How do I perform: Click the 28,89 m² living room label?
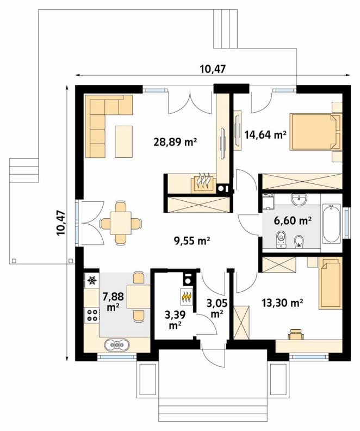tap(175, 142)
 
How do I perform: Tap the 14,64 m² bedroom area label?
tap(265, 134)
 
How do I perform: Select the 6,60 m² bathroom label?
tap(293, 220)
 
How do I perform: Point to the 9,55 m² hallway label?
tap(191, 241)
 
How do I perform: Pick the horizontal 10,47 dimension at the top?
tap(213, 69)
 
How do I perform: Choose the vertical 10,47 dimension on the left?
tap(60, 223)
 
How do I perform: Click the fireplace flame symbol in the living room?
tap(203, 182)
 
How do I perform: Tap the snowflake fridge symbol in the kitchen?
tap(92, 280)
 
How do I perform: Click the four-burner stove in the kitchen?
tap(92, 315)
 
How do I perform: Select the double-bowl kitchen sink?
tap(117, 344)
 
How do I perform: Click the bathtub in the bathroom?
tap(331, 223)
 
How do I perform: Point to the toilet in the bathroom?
tap(281, 238)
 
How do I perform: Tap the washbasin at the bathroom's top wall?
tap(299, 199)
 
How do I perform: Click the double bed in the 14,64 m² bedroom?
tap(316, 132)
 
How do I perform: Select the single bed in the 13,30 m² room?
tap(330, 283)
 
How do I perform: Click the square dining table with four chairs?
tap(121, 223)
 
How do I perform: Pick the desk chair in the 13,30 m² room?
tap(296, 334)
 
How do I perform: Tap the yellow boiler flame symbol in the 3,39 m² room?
tap(187, 296)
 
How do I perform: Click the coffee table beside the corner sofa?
tap(124, 141)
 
